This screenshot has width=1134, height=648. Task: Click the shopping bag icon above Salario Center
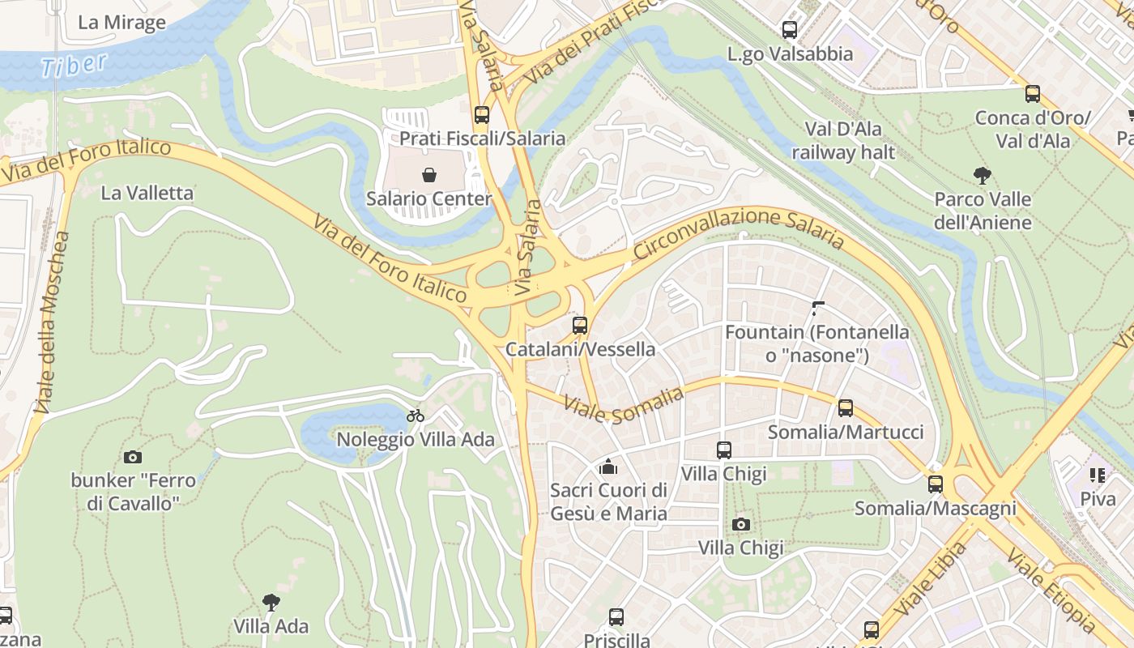tap(429, 174)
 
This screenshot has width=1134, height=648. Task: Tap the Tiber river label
tap(74, 66)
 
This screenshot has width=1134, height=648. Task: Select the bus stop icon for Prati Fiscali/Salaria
tap(482, 115)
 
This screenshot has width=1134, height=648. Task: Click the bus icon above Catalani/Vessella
tap(580, 326)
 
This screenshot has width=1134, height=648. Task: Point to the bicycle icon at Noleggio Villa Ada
tap(416, 416)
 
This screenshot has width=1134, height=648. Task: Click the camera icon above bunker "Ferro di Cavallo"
tap(133, 458)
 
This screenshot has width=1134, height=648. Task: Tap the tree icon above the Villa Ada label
tap(271, 602)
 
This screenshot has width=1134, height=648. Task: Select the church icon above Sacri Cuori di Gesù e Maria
tap(608, 467)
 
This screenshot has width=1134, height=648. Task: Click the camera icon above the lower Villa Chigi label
tap(740, 524)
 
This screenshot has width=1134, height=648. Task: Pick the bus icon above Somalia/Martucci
tap(846, 408)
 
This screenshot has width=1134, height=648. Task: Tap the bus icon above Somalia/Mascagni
tap(936, 484)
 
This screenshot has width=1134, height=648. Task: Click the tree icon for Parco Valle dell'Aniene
tap(983, 175)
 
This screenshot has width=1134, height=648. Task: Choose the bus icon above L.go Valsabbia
tap(790, 30)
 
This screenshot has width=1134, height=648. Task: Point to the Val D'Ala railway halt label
tap(843, 140)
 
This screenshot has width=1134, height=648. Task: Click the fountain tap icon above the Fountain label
tap(817, 308)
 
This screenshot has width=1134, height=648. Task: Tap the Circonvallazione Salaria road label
tap(738, 232)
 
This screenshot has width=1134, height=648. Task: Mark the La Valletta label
tap(147, 193)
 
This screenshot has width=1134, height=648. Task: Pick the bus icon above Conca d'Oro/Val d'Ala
tap(1033, 93)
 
